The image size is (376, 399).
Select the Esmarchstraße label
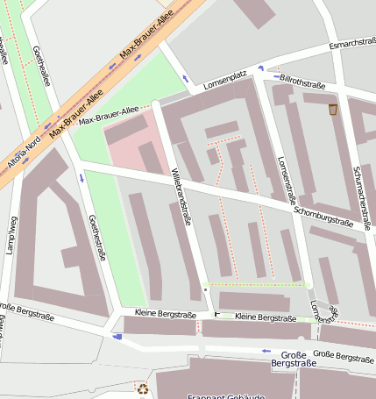[x=351, y=46]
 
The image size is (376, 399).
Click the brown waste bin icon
[x=333, y=110]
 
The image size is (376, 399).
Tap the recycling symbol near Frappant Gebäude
[x=143, y=388]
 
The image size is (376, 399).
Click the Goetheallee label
[x=40, y=66]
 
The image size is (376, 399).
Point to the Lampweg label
[x=13, y=237]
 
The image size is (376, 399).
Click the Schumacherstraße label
[x=362, y=198]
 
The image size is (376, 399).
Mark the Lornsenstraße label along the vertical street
[x=283, y=182]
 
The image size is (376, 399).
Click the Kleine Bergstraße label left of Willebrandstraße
[x=165, y=313]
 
